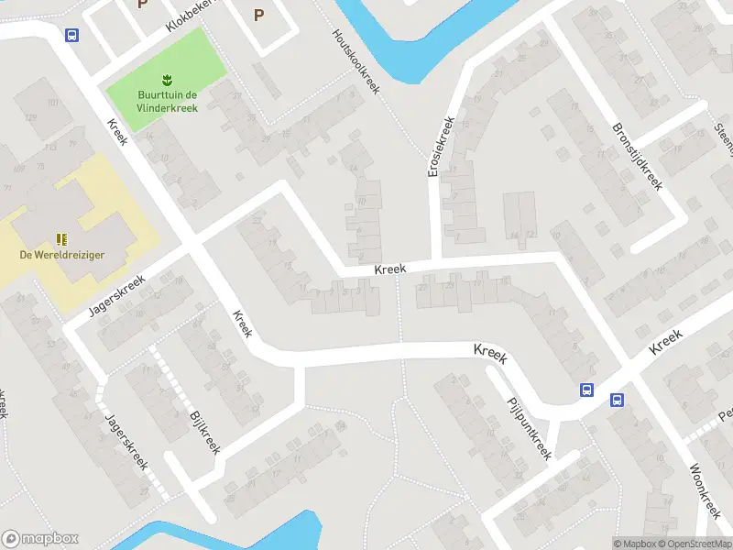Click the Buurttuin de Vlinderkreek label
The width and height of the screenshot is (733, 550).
pos(166,101)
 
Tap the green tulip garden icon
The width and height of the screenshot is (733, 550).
pos(167,78)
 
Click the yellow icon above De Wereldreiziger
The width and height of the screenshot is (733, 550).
pos(62,238)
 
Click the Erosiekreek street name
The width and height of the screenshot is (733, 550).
pos(441,147)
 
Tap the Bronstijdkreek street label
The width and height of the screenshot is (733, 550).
pos(637,156)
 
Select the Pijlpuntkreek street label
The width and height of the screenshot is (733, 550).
pos(529,426)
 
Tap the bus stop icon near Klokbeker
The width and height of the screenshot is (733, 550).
pos(71,36)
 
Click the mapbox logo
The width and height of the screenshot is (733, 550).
pos(39,539)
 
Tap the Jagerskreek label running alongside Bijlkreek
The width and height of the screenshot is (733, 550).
pos(126,438)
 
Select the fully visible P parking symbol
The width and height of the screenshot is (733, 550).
pos(258,14)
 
